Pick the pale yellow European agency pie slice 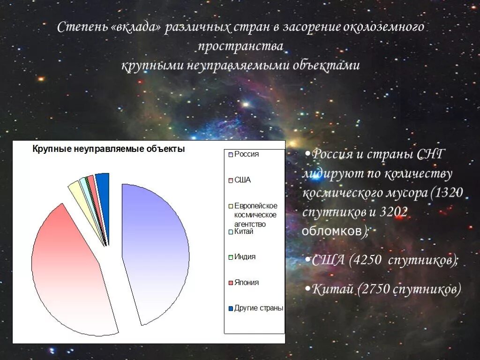point(77,190)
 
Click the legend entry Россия point(247,154)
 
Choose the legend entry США point(242,180)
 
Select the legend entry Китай point(243,232)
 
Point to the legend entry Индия point(245,257)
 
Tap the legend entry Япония point(246,283)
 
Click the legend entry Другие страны point(258,308)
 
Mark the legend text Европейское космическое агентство point(255,215)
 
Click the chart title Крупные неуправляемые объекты point(108,150)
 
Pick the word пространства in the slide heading point(240,46)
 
